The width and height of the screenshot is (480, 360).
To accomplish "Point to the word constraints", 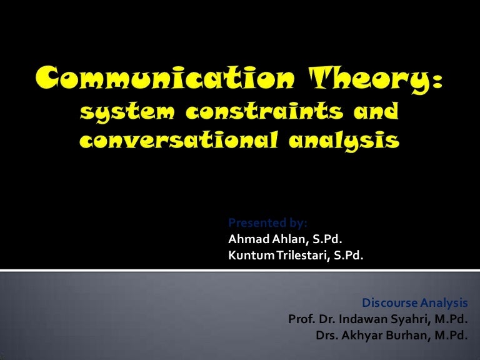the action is pyautogui.click(x=264, y=110).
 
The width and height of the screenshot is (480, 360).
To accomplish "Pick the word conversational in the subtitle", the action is pyautogui.click(x=179, y=139).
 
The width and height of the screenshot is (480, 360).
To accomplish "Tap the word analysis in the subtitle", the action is pyautogui.click(x=344, y=141).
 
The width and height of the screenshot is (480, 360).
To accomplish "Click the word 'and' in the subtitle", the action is pyautogui.click(x=376, y=110).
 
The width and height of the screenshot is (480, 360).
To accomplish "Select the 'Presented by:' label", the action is pyautogui.click(x=267, y=223).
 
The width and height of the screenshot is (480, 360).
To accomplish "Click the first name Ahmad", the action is pyautogui.click(x=249, y=239).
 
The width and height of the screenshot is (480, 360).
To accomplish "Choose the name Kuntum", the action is pyautogui.click(x=251, y=255).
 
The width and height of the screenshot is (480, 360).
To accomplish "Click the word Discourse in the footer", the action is pyautogui.click(x=390, y=302).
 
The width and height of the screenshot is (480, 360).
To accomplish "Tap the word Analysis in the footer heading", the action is pyautogui.click(x=444, y=303).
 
